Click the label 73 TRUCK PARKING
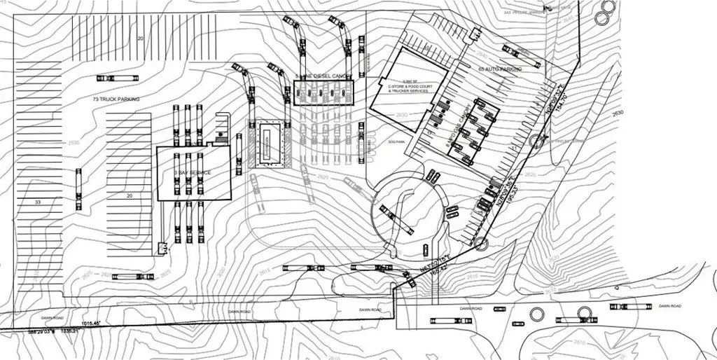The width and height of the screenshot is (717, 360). coord(116,100)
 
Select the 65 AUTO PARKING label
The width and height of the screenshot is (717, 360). coord(499,70)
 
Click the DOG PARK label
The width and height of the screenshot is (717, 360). coord(397,141)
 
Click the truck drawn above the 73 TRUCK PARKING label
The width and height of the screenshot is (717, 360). coord(127,76)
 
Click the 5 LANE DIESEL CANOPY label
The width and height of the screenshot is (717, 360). coord(321,75)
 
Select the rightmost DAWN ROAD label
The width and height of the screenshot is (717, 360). coord(669,307)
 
